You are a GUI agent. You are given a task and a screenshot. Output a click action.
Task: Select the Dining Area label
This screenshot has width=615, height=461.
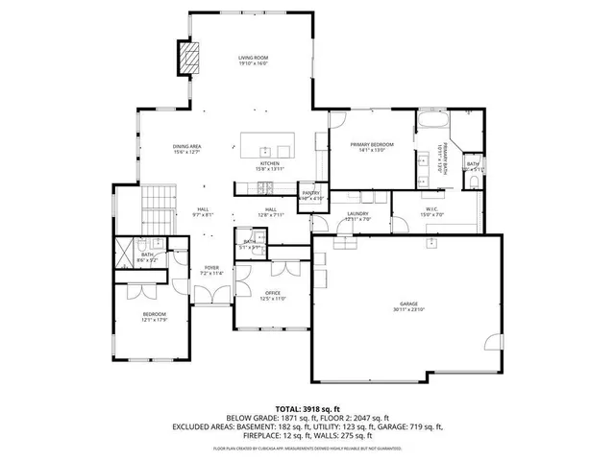(185, 146)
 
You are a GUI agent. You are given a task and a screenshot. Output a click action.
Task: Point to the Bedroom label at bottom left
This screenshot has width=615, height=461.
(155, 314)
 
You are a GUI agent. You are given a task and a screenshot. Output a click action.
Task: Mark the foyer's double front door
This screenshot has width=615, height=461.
(210, 304)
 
